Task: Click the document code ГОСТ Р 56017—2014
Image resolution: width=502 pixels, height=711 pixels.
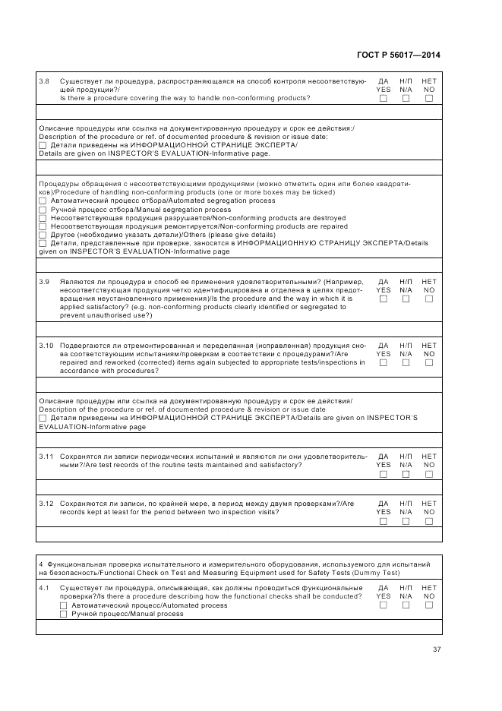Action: (x=398, y=55)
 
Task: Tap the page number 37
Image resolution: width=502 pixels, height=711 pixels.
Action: (x=437, y=649)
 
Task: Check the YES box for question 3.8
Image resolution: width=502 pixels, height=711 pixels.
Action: (x=384, y=99)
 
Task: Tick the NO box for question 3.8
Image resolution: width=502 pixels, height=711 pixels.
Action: (x=429, y=99)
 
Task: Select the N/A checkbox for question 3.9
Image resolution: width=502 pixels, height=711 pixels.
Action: (x=406, y=299)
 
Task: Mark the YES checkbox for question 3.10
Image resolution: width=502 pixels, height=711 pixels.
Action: (x=384, y=362)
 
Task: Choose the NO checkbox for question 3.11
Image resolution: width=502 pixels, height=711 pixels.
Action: (x=429, y=474)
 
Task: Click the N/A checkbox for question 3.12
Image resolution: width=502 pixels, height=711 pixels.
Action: (x=406, y=522)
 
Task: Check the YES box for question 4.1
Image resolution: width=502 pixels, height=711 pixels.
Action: (x=384, y=605)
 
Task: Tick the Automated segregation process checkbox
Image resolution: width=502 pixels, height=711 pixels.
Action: (x=43, y=201)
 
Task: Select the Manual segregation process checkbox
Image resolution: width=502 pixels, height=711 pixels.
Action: (x=43, y=210)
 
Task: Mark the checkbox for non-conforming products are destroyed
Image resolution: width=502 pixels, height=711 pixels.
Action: (x=43, y=218)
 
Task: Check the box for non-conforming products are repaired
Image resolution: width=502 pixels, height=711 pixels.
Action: (x=43, y=226)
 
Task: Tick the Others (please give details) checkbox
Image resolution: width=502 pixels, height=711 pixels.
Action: (x=43, y=235)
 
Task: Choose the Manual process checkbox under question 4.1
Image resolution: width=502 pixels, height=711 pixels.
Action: (x=64, y=614)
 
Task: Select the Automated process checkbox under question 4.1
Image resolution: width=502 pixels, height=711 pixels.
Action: (x=64, y=605)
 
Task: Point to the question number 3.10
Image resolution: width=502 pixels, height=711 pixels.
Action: (x=46, y=346)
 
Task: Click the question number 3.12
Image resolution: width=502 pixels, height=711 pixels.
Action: (x=46, y=504)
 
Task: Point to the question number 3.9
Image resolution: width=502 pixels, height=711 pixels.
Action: (x=44, y=282)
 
